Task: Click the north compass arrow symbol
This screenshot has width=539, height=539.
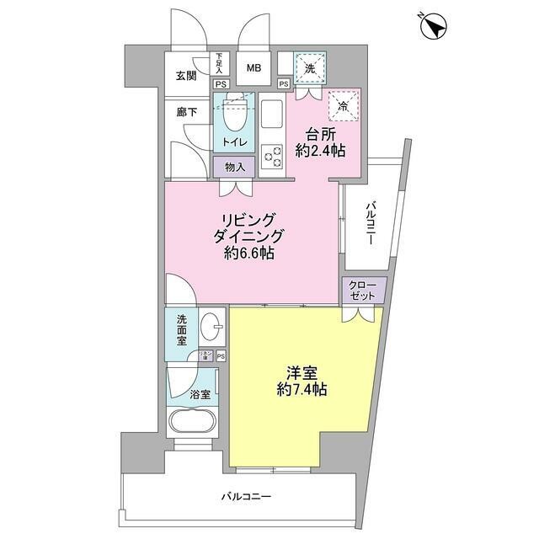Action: pos(434,28)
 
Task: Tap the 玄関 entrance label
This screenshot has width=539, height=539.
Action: pos(186,76)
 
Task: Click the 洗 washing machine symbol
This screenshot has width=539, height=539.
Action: pos(309,68)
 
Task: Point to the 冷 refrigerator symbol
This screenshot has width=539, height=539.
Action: pos(343,105)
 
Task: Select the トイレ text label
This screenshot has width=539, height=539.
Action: pos(235,141)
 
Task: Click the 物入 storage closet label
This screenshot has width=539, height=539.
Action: pos(235,167)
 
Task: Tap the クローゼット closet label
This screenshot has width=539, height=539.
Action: pos(364,291)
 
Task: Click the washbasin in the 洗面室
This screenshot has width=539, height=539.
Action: pos(212,325)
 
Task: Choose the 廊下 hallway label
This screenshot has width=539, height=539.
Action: pos(186,112)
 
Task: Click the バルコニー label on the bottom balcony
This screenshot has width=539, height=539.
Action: pos(247,497)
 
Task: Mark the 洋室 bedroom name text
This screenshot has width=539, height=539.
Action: pos(300,372)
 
